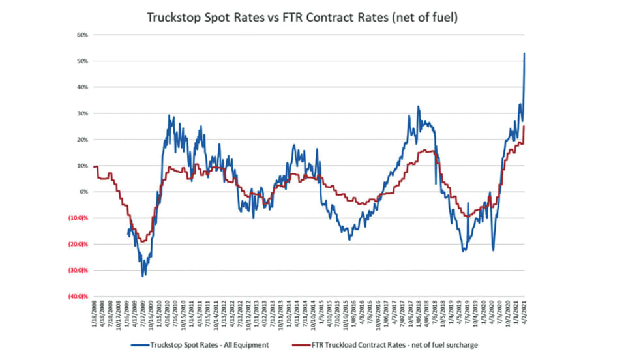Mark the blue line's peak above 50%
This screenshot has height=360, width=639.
click(x=525, y=53)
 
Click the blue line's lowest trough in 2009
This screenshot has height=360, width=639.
click(x=143, y=275)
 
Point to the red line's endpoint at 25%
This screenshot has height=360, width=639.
click(x=525, y=127)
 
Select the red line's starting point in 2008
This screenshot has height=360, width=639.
click(x=95, y=167)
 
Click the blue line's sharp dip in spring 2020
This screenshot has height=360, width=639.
click(x=493, y=250)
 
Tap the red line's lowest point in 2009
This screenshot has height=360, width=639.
click(x=142, y=241)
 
